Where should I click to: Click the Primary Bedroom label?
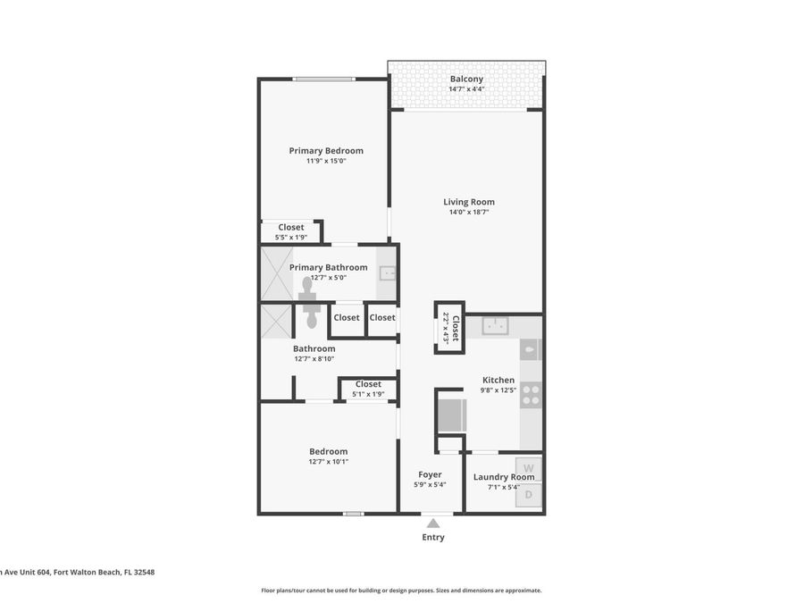[326, 151]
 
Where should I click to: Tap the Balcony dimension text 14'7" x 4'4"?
[466, 89]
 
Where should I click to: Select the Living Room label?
[469, 202]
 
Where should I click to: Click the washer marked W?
[528, 468]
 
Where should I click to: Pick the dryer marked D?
[528, 494]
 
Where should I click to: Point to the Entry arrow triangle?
[432, 523]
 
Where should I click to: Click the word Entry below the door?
[432, 538]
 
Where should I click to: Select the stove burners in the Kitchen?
[531, 395]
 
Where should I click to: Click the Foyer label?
[430, 474]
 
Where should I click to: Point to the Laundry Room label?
[504, 477]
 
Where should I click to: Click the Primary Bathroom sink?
[388, 273]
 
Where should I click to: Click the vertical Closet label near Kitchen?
[455, 328]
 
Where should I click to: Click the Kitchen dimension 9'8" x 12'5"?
[498, 389]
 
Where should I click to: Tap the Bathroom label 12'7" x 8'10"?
[314, 359]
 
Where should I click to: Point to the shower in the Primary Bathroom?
[276, 273]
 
